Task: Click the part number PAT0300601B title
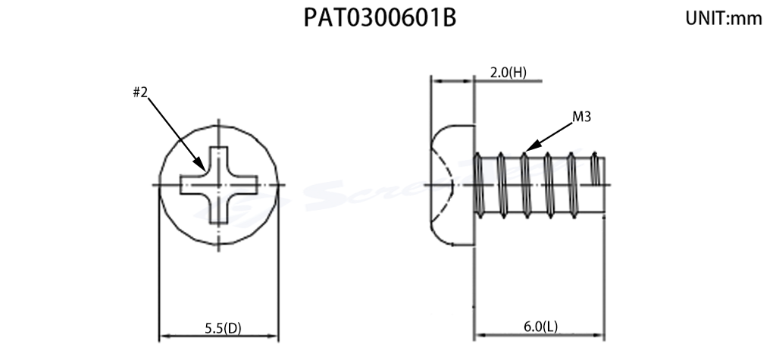380,18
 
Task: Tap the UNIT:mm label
723,20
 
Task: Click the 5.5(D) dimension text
223,328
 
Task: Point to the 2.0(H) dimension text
508,73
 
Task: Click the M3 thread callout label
581,117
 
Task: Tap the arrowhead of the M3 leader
529,148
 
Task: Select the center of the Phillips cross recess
218,185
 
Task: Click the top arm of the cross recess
218,159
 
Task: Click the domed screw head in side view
451,184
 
